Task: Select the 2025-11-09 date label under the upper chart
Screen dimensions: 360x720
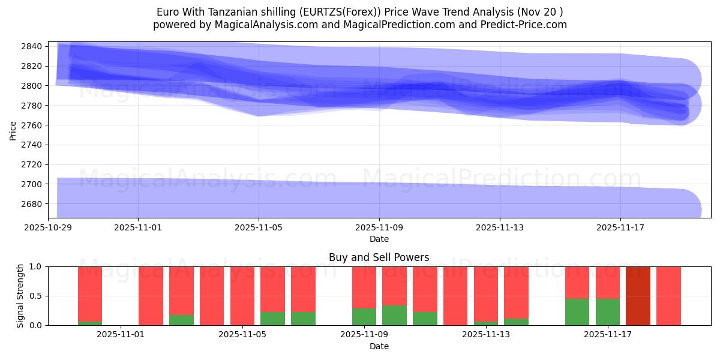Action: click(x=379, y=227)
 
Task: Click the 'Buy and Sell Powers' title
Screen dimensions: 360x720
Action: click(x=379, y=257)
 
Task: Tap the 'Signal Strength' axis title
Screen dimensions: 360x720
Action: click(x=21, y=296)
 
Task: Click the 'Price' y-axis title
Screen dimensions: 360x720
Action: click(x=13, y=130)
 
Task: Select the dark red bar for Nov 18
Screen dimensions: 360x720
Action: click(x=638, y=296)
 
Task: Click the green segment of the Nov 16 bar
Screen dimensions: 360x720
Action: click(x=577, y=312)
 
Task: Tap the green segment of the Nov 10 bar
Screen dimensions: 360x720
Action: click(x=394, y=315)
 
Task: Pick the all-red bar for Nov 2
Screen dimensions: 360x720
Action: click(x=151, y=296)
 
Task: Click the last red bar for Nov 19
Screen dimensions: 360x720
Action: click(x=668, y=296)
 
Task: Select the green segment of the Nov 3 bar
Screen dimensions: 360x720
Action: click(x=181, y=320)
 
